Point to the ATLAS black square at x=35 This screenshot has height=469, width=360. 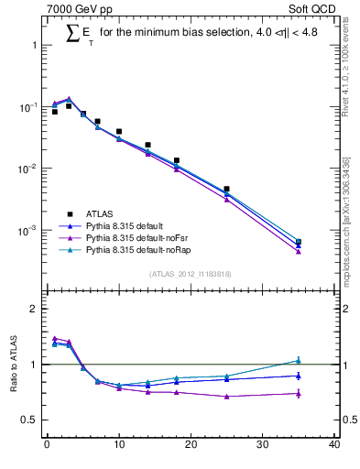click(x=298, y=242)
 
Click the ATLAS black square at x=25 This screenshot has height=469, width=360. click(x=226, y=189)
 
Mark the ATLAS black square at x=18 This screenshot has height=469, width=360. click(x=176, y=160)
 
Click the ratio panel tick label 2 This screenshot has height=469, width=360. click(x=35, y=309)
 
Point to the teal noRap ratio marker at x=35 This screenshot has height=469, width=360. click(x=298, y=360)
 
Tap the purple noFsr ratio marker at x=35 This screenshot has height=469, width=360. click(x=298, y=394)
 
